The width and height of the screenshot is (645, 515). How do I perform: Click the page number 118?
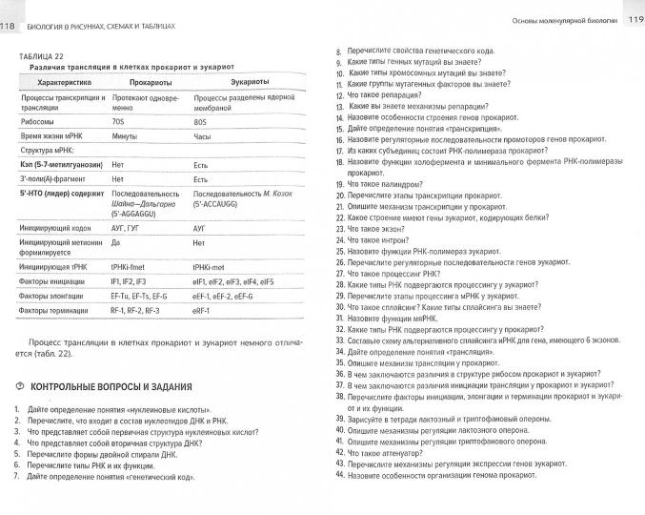pos(9,10)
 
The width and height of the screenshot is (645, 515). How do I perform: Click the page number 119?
pos(635,18)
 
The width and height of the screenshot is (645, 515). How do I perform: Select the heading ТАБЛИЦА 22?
pos(39,57)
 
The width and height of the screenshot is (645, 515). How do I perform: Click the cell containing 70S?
pos(119,122)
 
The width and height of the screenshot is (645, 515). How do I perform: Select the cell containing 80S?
pos(200,122)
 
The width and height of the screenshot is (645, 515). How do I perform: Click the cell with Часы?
pos(201,137)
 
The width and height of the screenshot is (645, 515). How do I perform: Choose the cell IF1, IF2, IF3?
pos(129,282)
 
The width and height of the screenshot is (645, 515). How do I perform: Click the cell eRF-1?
pos(202,310)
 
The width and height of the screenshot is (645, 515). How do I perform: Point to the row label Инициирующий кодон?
pos(53,229)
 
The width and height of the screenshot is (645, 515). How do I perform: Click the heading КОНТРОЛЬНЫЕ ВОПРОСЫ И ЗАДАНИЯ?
pos(112,387)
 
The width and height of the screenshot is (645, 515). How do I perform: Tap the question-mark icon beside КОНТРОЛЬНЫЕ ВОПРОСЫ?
pos(21,387)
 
